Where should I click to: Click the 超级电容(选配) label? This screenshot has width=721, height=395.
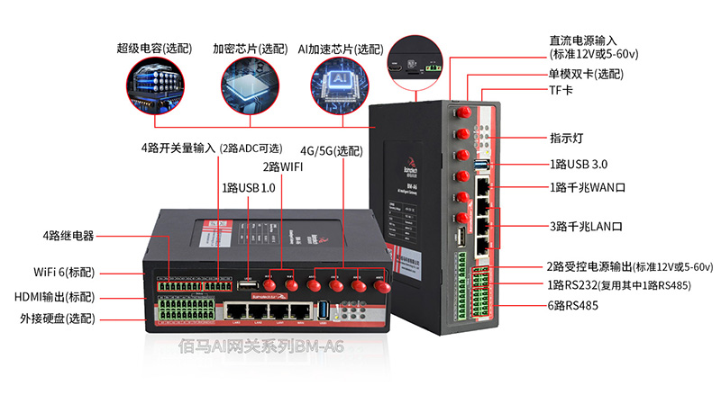[154, 49]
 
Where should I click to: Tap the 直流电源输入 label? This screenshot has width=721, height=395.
[583, 40]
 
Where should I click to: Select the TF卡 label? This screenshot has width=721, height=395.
[561, 92]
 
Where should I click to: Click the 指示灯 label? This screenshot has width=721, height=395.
[567, 139]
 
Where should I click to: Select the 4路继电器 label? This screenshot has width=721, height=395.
[68, 237]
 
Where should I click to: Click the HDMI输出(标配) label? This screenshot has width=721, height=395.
[55, 296]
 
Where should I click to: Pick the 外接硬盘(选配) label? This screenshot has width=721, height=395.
[57, 318]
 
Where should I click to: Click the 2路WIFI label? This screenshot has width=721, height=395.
[283, 166]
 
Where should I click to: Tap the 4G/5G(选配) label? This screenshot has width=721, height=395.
[329, 150]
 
